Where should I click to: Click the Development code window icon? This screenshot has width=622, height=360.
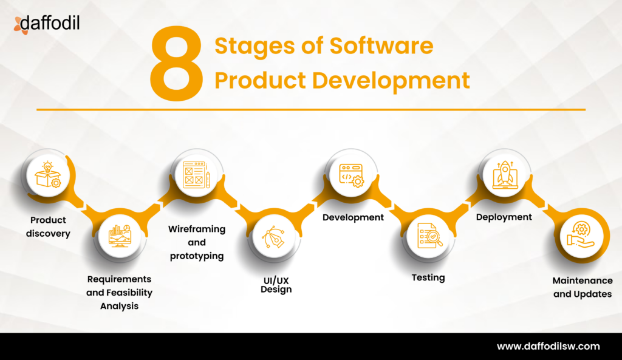click(x=350, y=173)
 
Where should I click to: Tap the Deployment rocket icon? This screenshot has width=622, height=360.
click(x=504, y=173)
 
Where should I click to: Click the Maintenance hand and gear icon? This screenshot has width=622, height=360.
click(x=581, y=235)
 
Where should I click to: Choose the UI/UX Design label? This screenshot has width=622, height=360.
click(x=276, y=284)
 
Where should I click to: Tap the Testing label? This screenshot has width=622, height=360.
click(x=428, y=277)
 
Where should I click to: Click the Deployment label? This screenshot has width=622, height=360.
click(x=504, y=217)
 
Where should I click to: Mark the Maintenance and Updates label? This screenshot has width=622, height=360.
click(x=582, y=287)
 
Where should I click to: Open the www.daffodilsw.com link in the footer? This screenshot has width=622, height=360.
click(x=548, y=347)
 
